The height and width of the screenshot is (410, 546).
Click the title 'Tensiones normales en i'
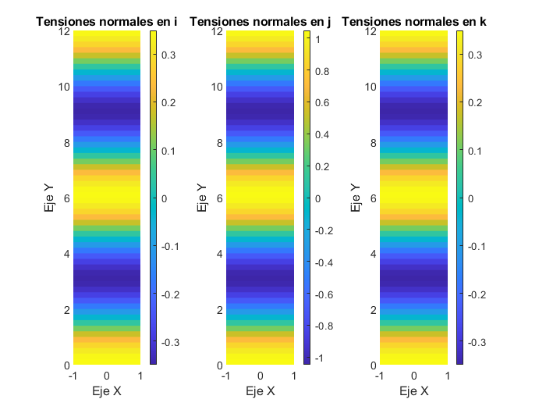click(x=107, y=23)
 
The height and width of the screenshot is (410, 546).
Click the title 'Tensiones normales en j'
click(x=260, y=23)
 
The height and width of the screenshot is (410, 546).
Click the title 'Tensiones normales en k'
click(x=413, y=23)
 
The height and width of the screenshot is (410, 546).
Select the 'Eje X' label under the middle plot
click(x=260, y=390)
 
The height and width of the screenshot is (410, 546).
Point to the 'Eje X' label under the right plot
click(x=413, y=390)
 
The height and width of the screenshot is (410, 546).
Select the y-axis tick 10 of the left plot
click(x=64, y=87)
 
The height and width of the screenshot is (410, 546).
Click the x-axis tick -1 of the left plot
click(x=73, y=376)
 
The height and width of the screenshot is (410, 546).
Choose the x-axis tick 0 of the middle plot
click(x=260, y=376)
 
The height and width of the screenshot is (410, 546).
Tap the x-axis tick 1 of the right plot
click(x=447, y=376)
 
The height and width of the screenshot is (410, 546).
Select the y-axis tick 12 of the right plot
click(x=370, y=32)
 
